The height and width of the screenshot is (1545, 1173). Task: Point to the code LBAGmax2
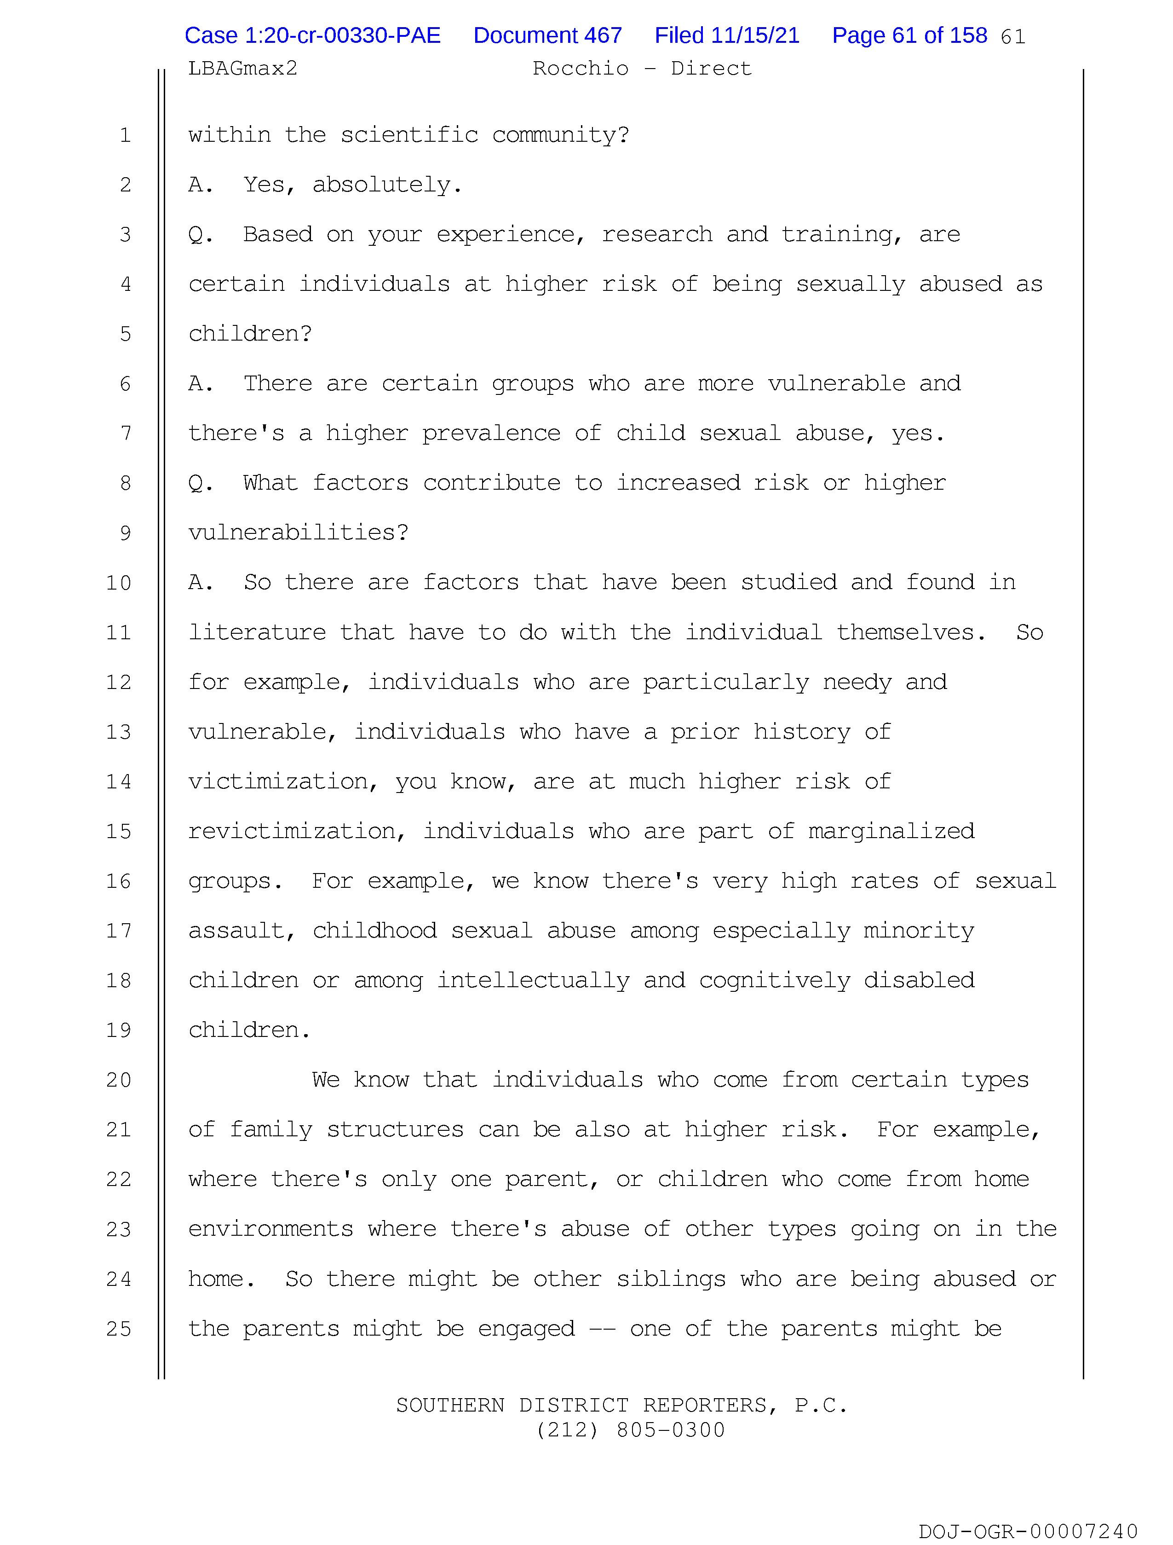pyautogui.click(x=242, y=69)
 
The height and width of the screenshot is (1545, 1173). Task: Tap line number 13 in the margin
pyautogui.click(x=119, y=732)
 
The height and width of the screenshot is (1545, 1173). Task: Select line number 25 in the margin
pyautogui.click(x=119, y=1329)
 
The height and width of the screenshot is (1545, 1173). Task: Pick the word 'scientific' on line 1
pyautogui.click(x=409, y=135)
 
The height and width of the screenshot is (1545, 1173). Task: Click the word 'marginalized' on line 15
pyautogui.click(x=891, y=831)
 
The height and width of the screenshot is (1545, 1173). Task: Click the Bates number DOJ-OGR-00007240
pyautogui.click(x=1028, y=1532)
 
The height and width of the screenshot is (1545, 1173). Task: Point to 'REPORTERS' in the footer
pyautogui.click(x=708, y=1405)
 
